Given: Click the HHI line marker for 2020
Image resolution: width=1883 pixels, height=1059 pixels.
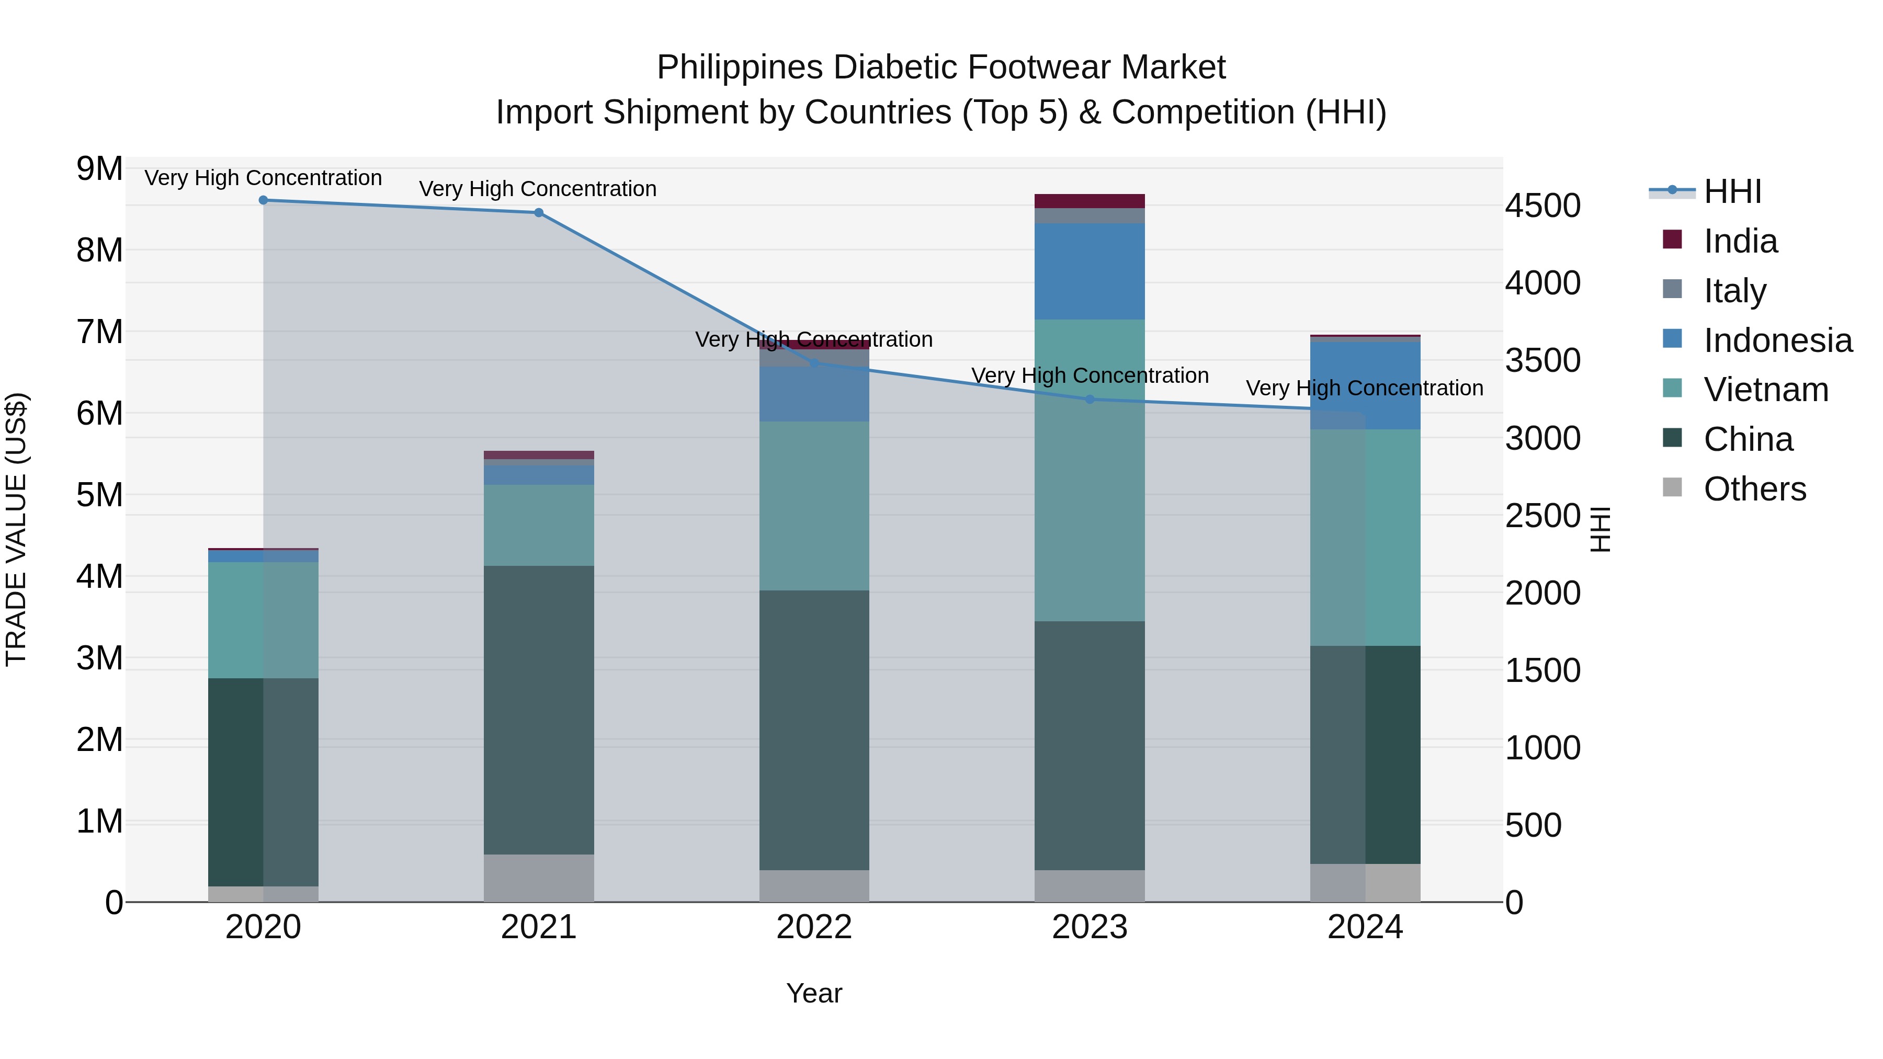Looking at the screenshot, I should (x=263, y=200).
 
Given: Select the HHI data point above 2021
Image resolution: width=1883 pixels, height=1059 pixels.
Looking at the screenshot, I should (x=539, y=213).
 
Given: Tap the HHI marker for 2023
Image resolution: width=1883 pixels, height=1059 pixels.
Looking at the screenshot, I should (x=1089, y=399).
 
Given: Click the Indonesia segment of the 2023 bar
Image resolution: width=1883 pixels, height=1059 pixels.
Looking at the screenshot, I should (x=1089, y=271).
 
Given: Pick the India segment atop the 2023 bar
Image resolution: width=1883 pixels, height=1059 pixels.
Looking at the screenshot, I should (x=1089, y=201).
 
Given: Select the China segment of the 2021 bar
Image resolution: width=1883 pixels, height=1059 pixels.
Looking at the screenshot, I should (x=539, y=709).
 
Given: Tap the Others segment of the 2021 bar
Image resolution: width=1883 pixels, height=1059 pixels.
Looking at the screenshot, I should (x=539, y=878).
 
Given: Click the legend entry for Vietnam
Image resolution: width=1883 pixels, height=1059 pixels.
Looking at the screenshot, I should (x=1765, y=390).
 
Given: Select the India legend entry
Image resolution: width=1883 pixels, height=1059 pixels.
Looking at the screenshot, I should (x=1740, y=241).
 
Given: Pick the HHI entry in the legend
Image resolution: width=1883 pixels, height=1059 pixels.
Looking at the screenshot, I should (x=1732, y=191).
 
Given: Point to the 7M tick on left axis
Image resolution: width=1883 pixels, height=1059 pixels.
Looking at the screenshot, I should (x=99, y=332).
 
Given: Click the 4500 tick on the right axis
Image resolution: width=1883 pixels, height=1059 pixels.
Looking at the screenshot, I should (x=1542, y=206).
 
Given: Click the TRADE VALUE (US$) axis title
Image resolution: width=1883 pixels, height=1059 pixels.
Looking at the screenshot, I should (x=16, y=529).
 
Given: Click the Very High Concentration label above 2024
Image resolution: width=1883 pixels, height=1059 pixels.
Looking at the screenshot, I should (x=1364, y=388).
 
